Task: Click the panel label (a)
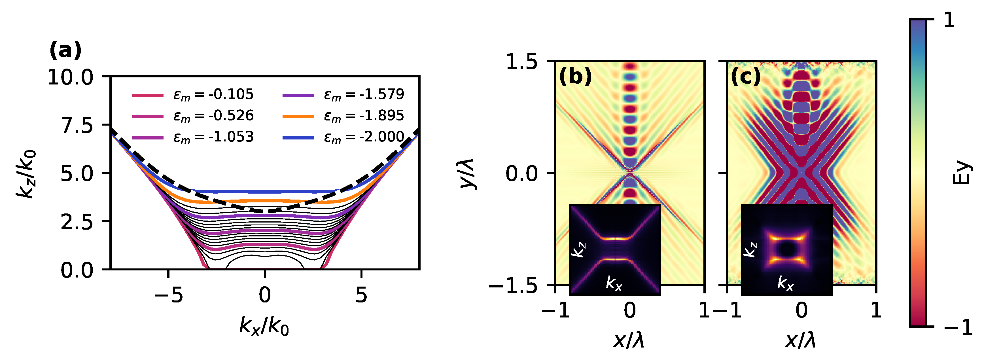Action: [65, 51]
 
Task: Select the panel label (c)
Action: [746, 77]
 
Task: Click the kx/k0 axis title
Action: [264, 327]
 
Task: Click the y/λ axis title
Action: [467, 173]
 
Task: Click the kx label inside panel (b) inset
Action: [614, 283]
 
